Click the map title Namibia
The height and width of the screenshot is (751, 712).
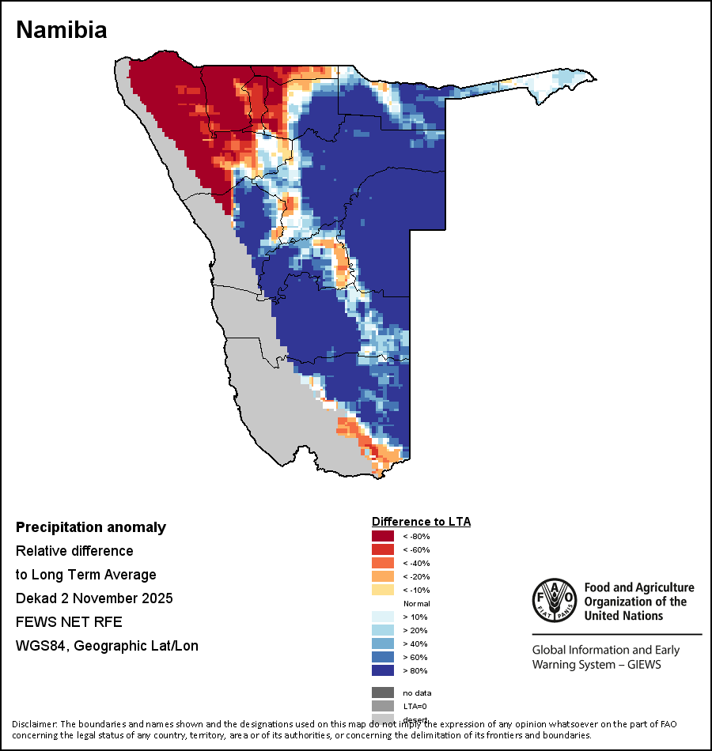(x=62, y=30)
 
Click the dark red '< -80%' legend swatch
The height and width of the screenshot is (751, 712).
(x=383, y=536)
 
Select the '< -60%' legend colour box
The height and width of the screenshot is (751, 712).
(x=383, y=549)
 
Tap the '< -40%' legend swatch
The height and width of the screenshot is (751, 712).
(x=383, y=563)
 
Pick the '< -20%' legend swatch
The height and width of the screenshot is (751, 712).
(x=383, y=576)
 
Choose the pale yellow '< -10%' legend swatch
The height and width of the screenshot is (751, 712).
(x=383, y=590)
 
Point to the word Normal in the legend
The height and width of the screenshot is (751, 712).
(x=416, y=603)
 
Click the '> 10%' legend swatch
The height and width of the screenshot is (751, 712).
(x=383, y=617)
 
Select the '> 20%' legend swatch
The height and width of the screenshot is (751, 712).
(x=383, y=630)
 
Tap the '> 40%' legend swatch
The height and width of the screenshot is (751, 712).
(x=383, y=643)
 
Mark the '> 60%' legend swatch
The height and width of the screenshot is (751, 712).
(x=383, y=657)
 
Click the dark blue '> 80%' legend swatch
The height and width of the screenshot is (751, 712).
(x=383, y=670)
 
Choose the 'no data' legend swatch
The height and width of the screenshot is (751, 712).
(x=383, y=693)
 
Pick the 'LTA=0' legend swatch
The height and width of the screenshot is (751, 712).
(x=383, y=706)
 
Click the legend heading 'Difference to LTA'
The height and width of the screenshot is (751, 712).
(x=421, y=522)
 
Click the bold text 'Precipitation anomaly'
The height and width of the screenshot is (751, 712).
(x=91, y=527)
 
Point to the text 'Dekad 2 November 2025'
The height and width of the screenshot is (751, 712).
(x=94, y=598)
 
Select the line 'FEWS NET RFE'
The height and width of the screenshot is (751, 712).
(x=69, y=622)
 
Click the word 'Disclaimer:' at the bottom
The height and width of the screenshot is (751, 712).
(x=35, y=724)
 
